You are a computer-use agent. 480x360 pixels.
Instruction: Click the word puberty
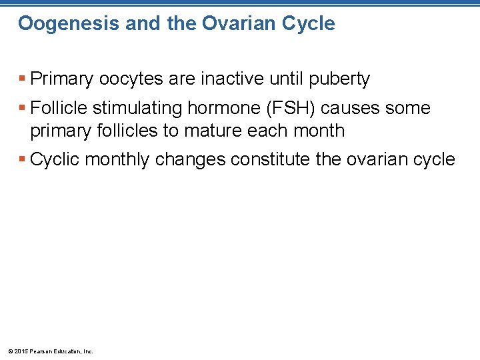(339, 79)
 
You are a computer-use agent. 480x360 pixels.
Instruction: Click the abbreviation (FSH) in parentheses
(285, 108)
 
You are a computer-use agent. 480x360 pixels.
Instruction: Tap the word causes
(349, 108)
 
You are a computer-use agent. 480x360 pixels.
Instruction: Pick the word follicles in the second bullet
(127, 131)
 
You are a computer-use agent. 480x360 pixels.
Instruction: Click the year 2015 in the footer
(20, 351)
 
